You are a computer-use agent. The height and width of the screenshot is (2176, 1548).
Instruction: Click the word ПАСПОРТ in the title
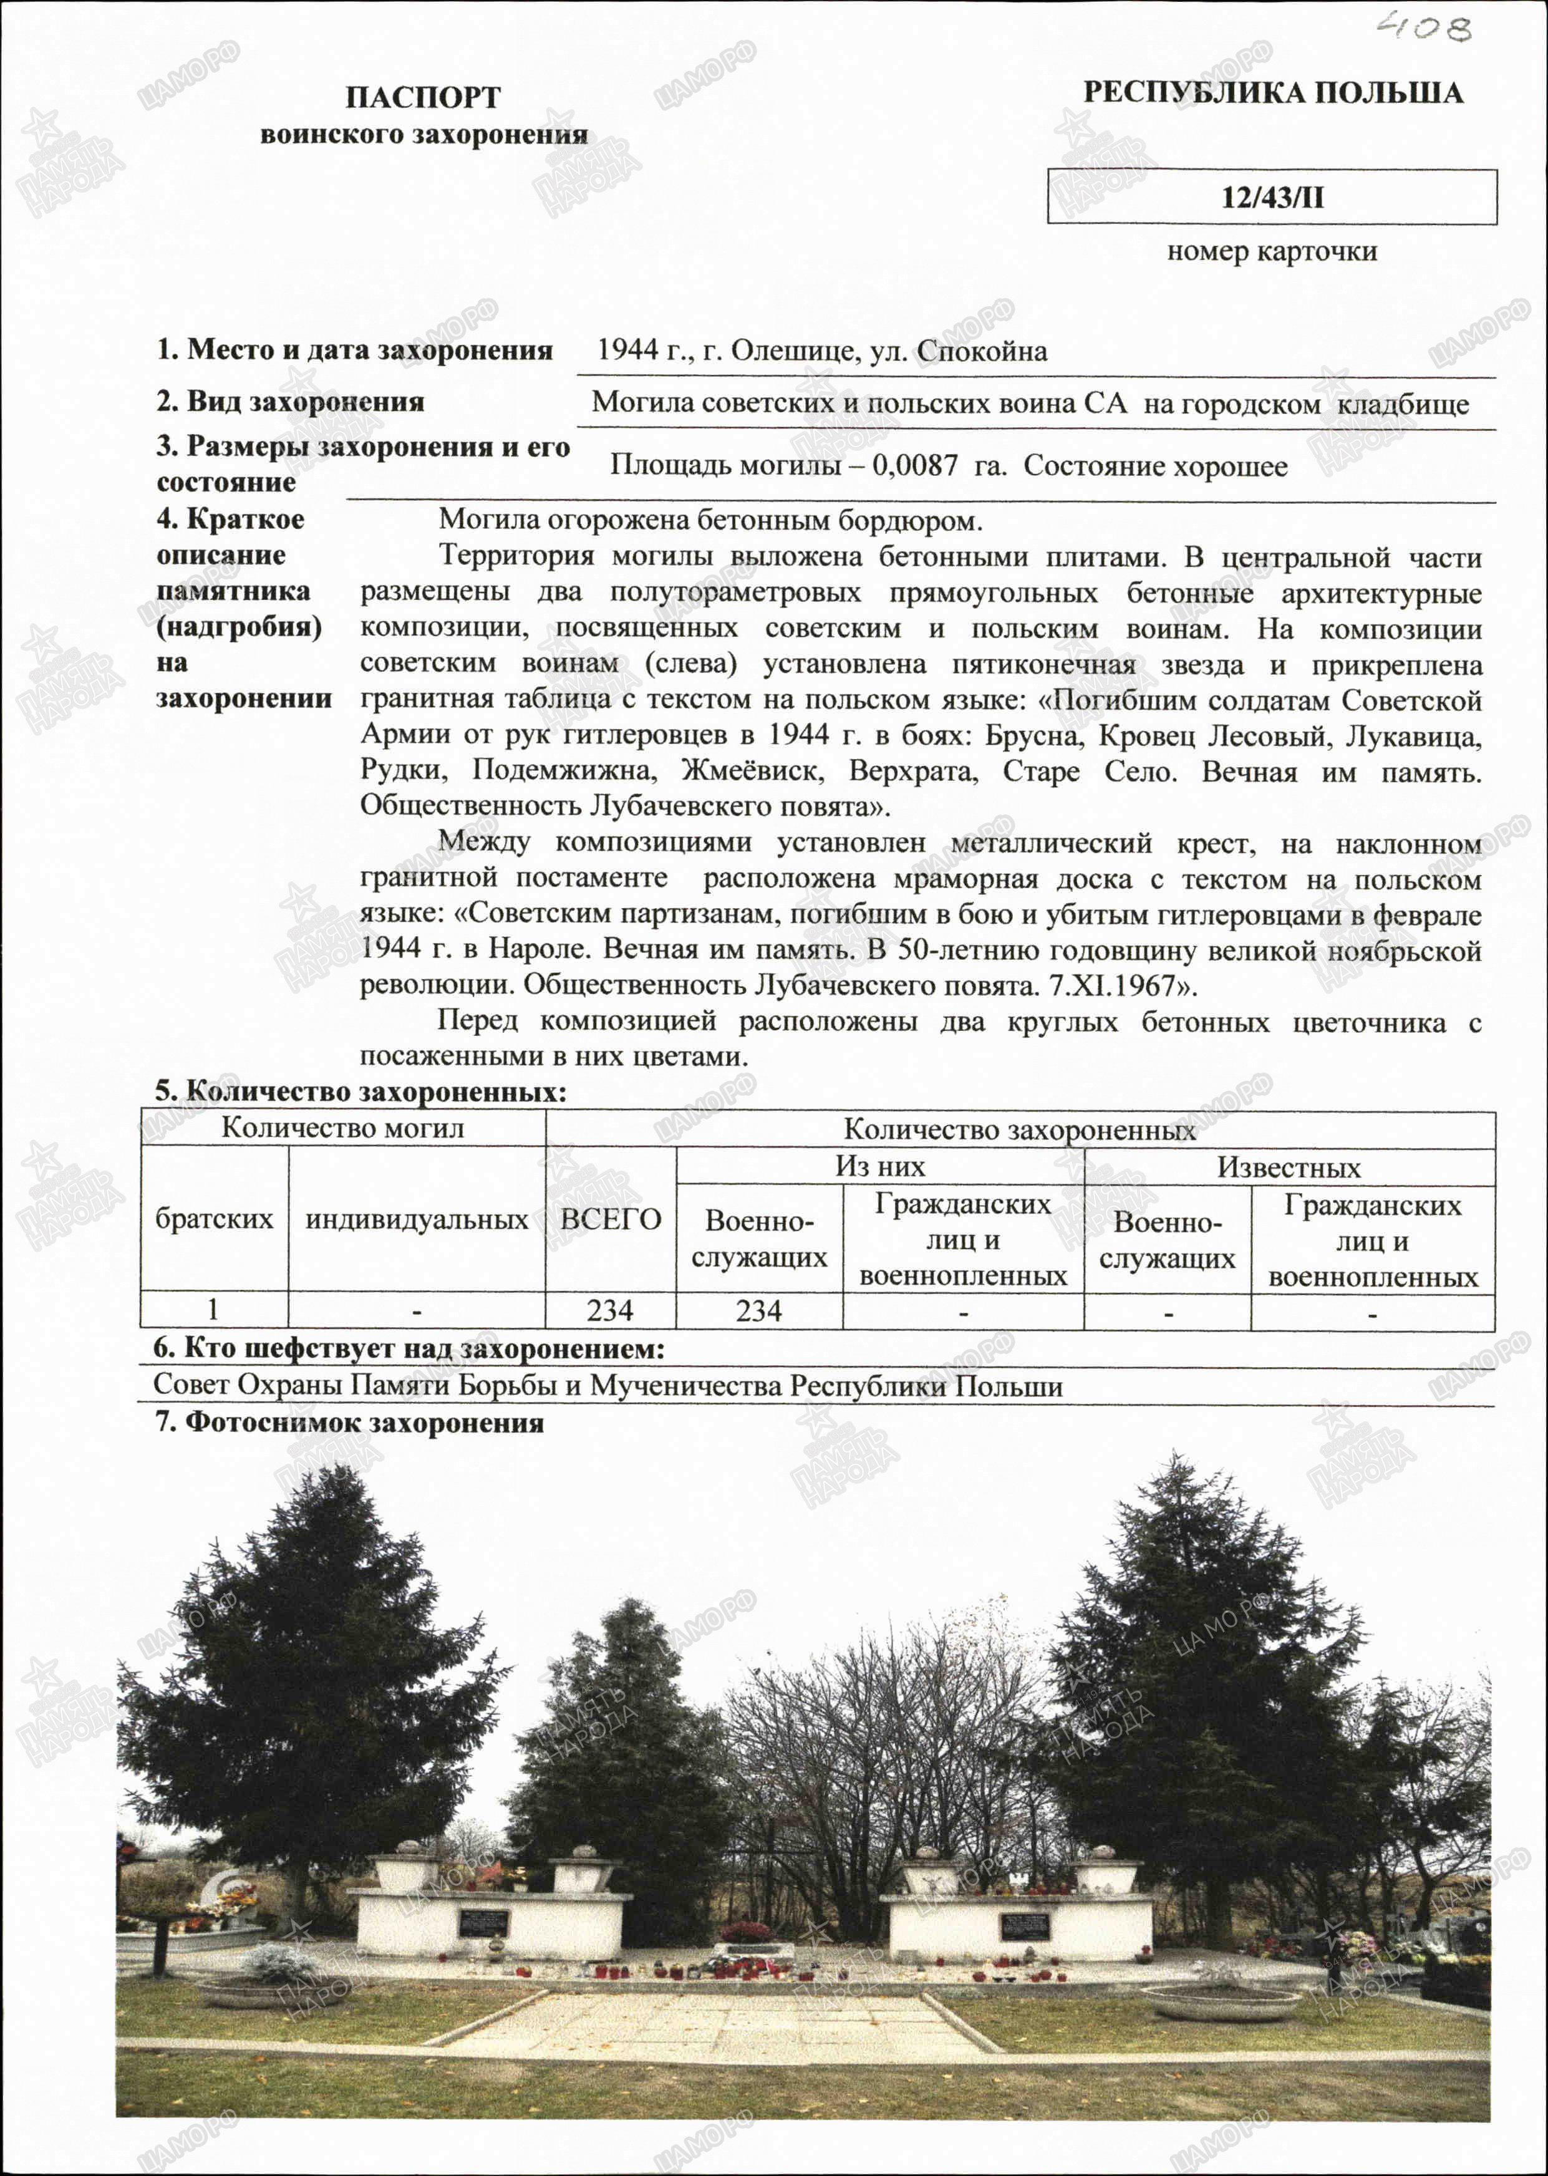click(x=422, y=97)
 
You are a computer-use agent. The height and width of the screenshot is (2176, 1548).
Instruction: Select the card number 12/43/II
click(x=1272, y=197)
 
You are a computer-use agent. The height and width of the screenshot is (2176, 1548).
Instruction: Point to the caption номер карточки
click(x=1272, y=251)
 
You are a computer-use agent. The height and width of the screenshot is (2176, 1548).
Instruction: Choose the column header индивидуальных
click(x=417, y=1219)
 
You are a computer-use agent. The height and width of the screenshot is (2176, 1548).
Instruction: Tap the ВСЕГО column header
click(x=610, y=1219)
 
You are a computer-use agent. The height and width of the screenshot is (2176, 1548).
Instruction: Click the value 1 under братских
click(x=213, y=1310)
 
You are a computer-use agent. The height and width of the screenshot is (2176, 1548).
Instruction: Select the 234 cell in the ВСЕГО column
click(x=610, y=1310)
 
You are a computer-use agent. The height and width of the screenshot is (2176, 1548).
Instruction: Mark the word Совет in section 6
click(x=191, y=1385)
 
